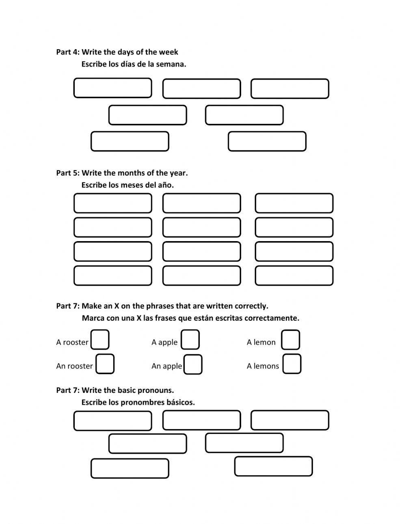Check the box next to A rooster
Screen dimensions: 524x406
tap(100, 340)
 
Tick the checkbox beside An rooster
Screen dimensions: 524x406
tap(105, 364)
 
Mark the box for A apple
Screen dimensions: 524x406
tap(190, 340)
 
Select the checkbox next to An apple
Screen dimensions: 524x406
tap(193, 364)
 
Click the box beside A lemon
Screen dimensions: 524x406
tap(291, 340)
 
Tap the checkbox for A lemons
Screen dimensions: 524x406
tap(292, 364)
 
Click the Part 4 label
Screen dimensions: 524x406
tap(68, 52)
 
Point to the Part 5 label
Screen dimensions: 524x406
tap(68, 173)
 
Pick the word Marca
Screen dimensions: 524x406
tap(93, 318)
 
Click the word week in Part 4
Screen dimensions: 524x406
tap(168, 52)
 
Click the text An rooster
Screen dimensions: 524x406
tap(74, 366)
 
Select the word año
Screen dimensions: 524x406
tap(166, 185)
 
